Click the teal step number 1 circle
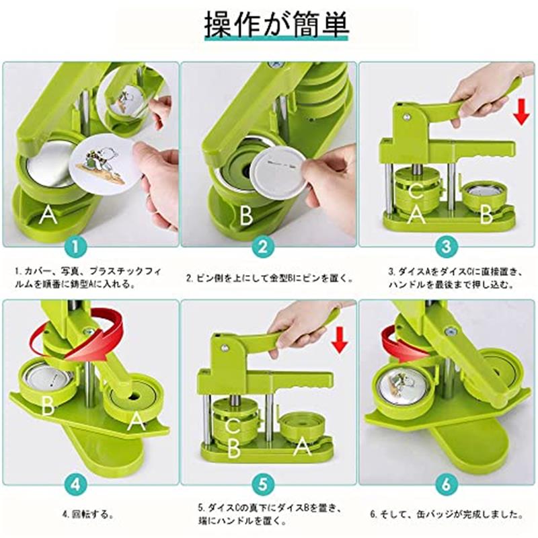(x=75, y=246)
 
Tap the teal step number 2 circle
(x=263, y=246)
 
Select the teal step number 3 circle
(x=447, y=246)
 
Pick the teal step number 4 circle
(x=75, y=485)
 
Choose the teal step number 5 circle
(x=263, y=485)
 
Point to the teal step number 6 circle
(x=447, y=485)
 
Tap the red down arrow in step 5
(x=340, y=340)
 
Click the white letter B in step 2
(x=246, y=215)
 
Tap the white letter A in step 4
(x=137, y=421)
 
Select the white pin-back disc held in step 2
(x=278, y=169)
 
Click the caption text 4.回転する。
(x=88, y=514)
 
